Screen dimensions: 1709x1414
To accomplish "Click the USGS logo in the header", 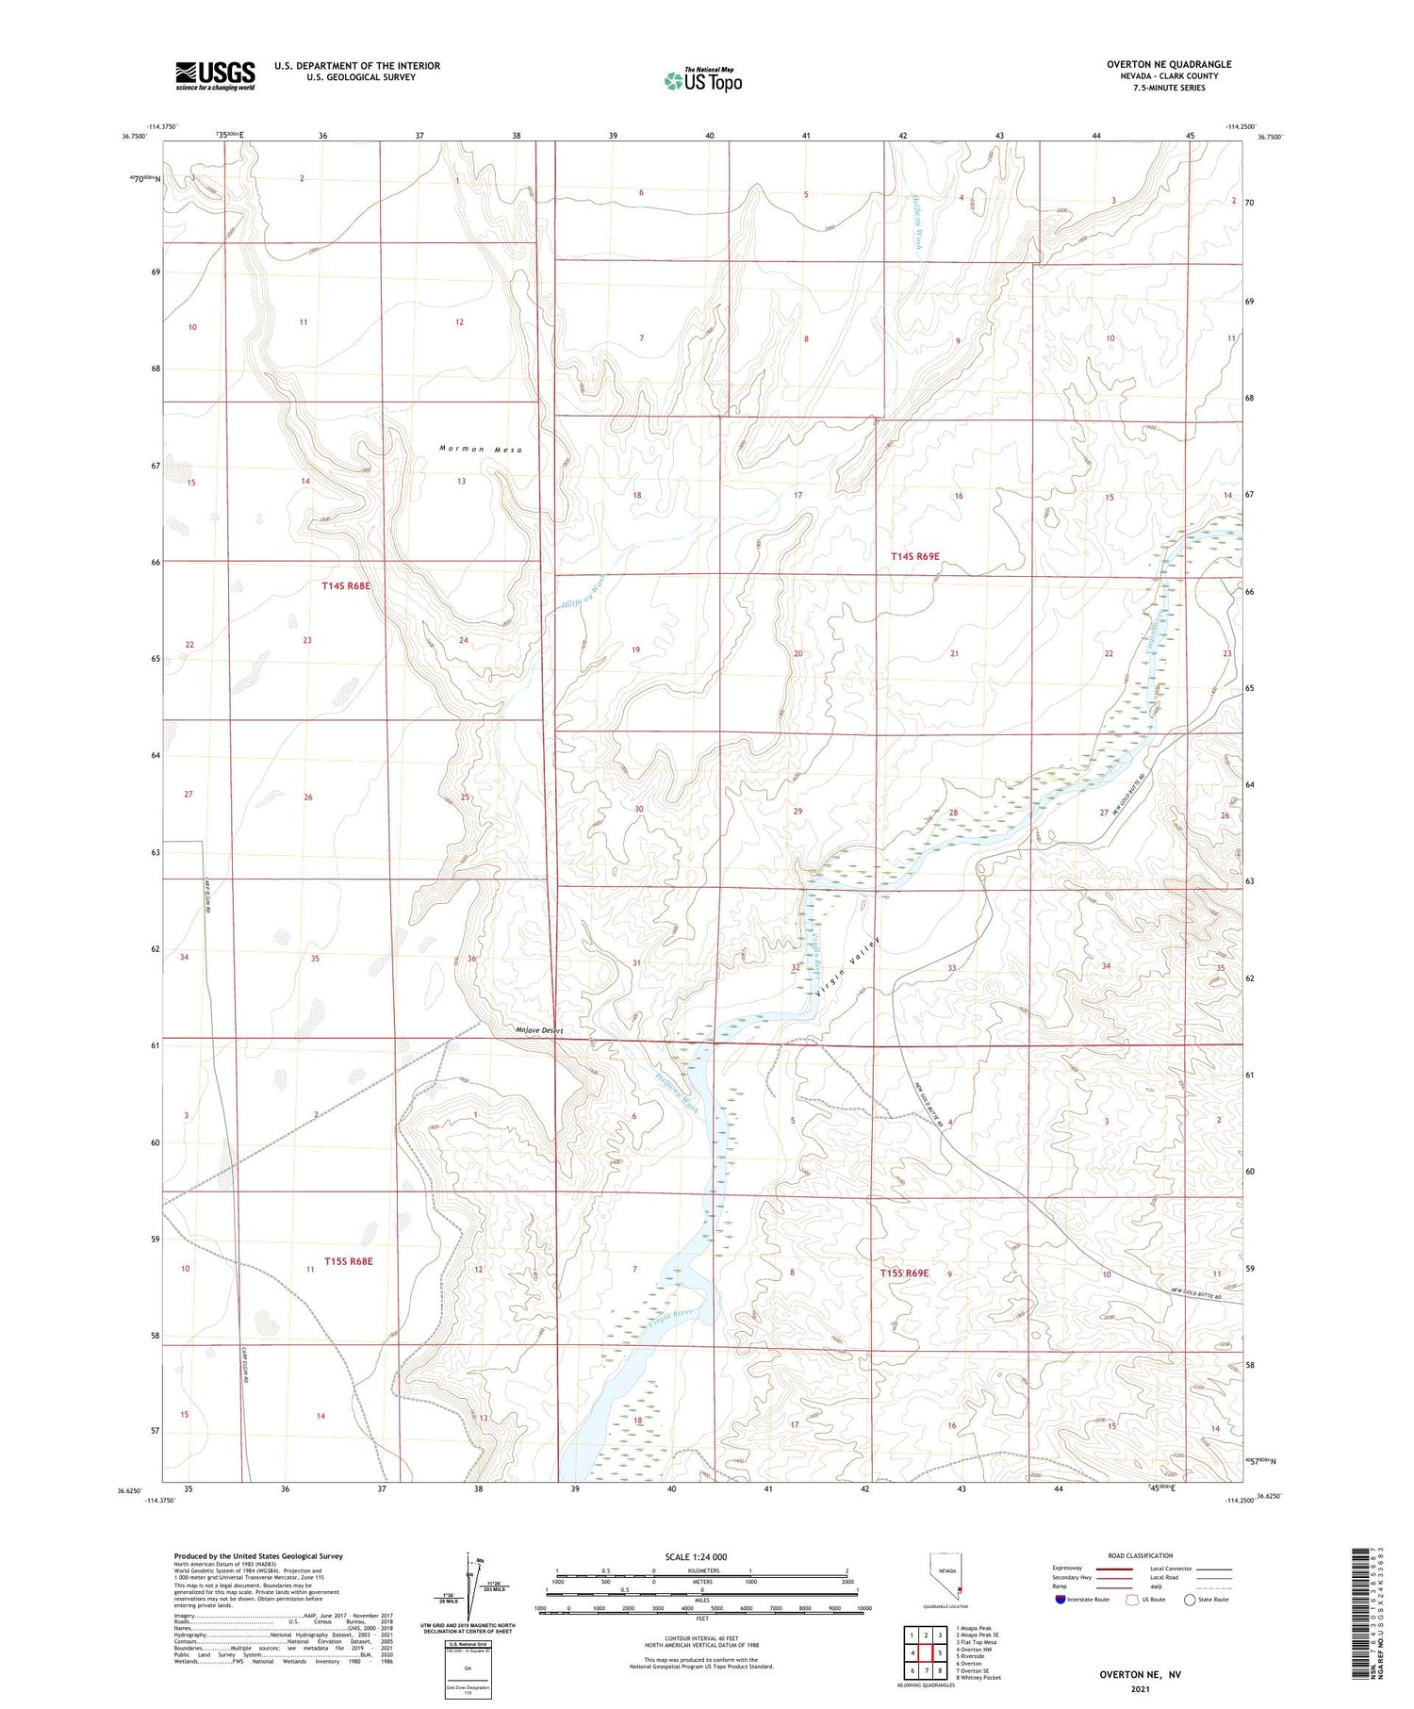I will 215,75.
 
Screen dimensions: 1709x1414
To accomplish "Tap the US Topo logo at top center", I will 703,81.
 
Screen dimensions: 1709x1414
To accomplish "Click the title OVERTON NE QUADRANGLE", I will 1168,64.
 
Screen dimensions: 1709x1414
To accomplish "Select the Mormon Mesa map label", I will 480,449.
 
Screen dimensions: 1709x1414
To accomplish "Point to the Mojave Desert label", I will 539,1030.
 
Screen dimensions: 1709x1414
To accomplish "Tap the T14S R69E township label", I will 915,556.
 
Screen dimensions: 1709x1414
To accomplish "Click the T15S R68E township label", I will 348,1260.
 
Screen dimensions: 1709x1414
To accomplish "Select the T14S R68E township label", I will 346,585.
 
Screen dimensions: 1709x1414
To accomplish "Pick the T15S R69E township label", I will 904,1273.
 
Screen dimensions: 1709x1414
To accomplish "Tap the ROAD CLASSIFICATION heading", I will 1141,1555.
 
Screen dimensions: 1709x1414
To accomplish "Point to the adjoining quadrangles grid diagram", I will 927,1653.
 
